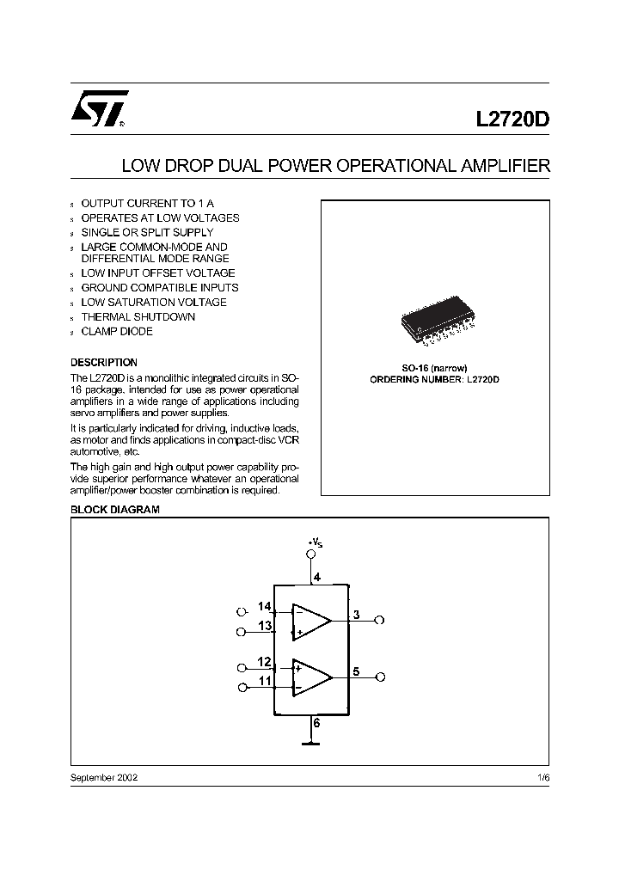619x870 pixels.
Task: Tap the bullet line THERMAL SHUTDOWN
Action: pos(138,316)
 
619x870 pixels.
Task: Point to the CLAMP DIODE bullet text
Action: pos(117,331)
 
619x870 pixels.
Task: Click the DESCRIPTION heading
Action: pos(103,362)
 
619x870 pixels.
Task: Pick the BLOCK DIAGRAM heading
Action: pos(114,510)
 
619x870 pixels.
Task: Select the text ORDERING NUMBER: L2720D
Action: pos(434,379)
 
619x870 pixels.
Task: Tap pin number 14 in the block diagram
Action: pos(265,606)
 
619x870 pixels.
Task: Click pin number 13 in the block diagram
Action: pos(265,626)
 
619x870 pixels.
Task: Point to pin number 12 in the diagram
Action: pos(265,662)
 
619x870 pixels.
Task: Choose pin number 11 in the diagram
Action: pos(265,681)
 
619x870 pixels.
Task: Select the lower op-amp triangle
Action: pos(310,676)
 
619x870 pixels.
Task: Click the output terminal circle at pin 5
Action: pos(381,677)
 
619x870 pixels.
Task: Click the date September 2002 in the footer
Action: pos(103,776)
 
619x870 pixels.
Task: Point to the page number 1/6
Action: pos(543,776)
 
